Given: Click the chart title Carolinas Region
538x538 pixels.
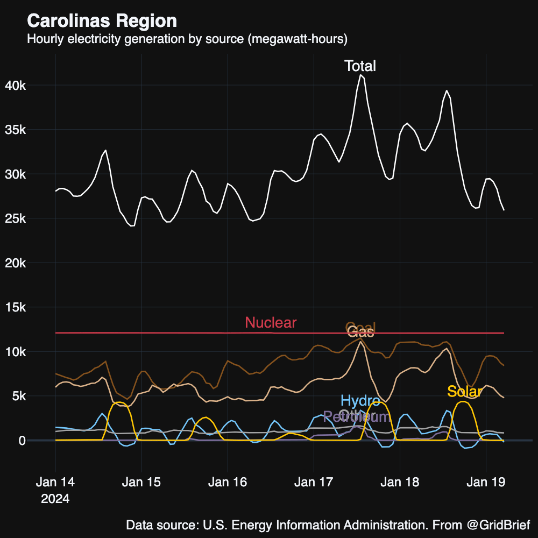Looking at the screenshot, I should click(102, 21).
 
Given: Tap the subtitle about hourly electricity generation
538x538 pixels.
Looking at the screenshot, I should click(187, 39).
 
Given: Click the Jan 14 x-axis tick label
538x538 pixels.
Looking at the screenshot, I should click(55, 482).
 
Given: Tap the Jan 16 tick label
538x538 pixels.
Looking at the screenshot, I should click(228, 482).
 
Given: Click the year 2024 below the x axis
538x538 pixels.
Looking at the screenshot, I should click(55, 499).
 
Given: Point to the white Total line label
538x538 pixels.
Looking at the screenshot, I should click(360, 66).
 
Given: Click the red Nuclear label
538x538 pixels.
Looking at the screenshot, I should click(271, 323).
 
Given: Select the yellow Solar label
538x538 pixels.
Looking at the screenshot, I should click(464, 392).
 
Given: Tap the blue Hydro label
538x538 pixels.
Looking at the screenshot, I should click(360, 401).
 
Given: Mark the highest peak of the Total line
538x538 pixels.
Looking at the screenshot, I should click(361, 75).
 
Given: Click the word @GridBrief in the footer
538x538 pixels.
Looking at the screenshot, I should click(498, 525).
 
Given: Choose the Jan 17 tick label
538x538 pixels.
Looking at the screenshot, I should click(314, 482).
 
